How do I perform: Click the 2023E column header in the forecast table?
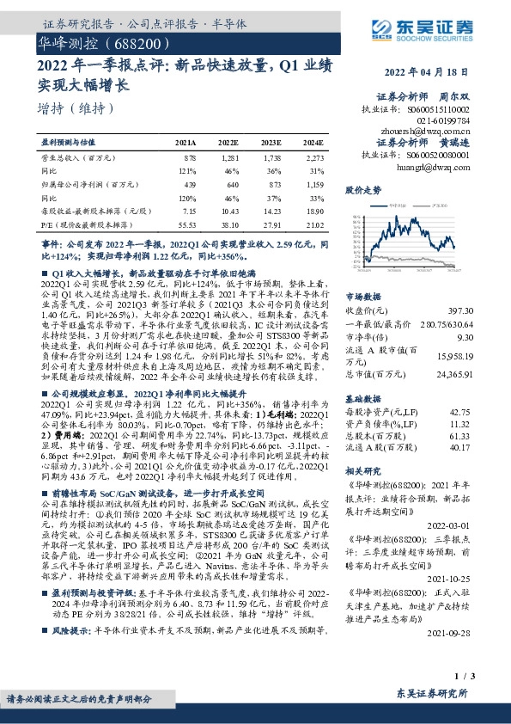(x=271, y=143)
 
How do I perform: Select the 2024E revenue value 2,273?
(x=313, y=158)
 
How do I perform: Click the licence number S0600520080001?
(x=438, y=155)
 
